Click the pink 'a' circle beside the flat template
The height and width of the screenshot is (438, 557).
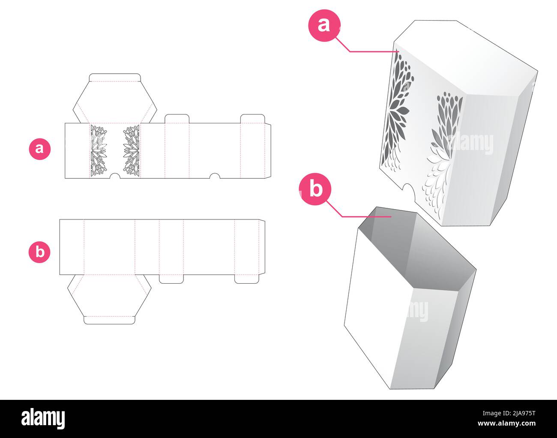click(39, 149)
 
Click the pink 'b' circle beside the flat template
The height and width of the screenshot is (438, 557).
click(39, 252)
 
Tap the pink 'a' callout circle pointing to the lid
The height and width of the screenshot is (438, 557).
click(324, 25)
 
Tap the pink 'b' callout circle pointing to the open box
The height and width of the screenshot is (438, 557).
click(315, 189)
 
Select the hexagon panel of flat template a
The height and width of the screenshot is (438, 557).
click(115, 102)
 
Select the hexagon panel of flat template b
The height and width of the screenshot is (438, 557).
click(109, 295)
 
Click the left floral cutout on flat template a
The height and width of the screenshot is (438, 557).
click(99, 150)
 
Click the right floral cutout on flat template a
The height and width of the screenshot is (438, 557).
click(131, 150)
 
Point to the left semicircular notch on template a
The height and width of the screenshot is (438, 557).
click(115, 176)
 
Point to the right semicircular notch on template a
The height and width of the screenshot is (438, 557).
click(215, 176)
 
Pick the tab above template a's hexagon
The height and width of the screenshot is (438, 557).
click(115, 78)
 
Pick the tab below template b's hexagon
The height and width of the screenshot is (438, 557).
click(110, 320)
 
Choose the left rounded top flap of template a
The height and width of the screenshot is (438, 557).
click(177, 119)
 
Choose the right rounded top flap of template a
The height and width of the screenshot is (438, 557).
click(253, 119)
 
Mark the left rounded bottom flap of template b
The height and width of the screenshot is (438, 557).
click(171, 279)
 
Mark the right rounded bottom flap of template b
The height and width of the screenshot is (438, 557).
click(247, 279)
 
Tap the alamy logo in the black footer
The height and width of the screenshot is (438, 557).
click(43, 419)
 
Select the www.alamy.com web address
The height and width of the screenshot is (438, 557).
click(506, 423)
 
